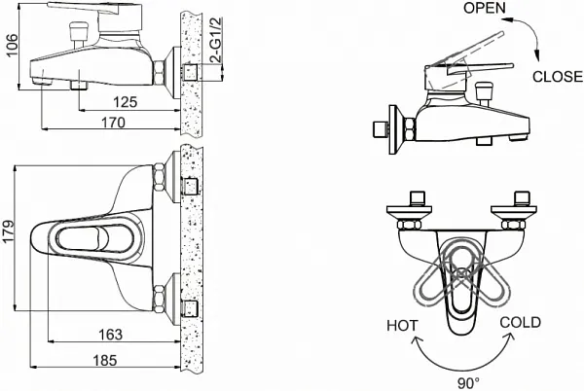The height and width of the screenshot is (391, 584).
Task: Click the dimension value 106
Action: [11, 45]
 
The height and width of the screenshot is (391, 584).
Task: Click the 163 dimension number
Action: [110, 335]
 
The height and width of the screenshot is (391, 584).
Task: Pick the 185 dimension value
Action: [105, 361]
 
